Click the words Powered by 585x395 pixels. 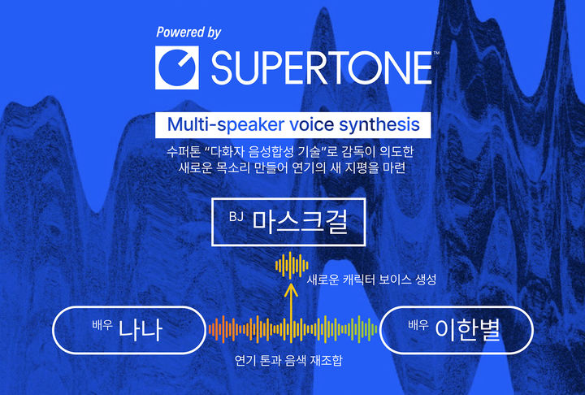188,33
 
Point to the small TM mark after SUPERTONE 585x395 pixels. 436,54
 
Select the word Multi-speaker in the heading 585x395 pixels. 219,125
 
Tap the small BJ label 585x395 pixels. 236,216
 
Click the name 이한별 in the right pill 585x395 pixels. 468,330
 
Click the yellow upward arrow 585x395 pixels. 288,301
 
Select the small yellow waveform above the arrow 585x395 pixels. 292,265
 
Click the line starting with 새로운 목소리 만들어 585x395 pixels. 291,169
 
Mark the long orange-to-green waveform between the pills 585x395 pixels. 292,328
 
